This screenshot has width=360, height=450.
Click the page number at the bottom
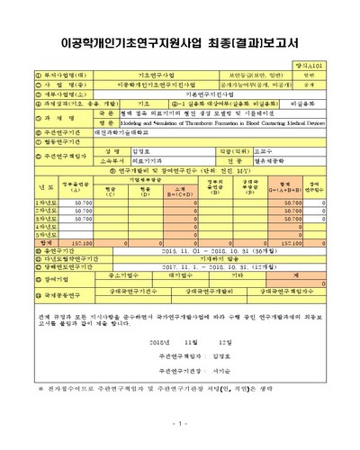click(x=180, y=422)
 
